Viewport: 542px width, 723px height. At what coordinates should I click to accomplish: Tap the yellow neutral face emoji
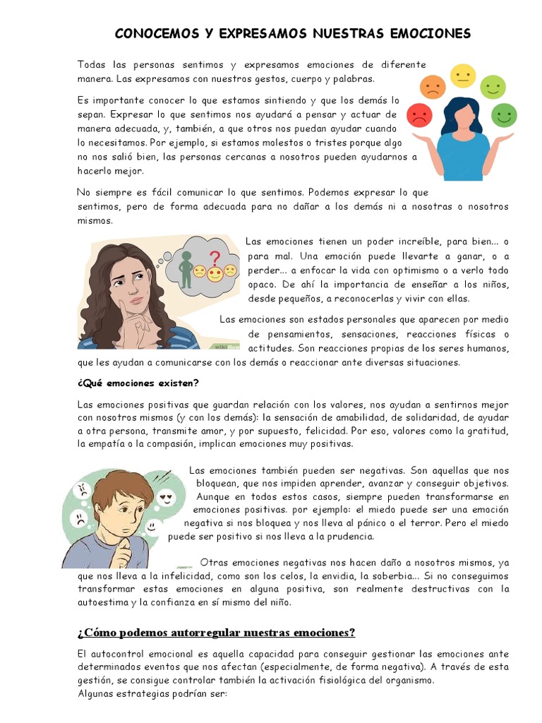click(x=463, y=76)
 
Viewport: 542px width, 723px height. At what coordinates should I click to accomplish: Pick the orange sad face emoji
click(x=432, y=87)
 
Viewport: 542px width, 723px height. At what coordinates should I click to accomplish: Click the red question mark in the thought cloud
click(x=215, y=258)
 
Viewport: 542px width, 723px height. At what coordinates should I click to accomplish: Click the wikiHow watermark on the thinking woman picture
click(x=227, y=347)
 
